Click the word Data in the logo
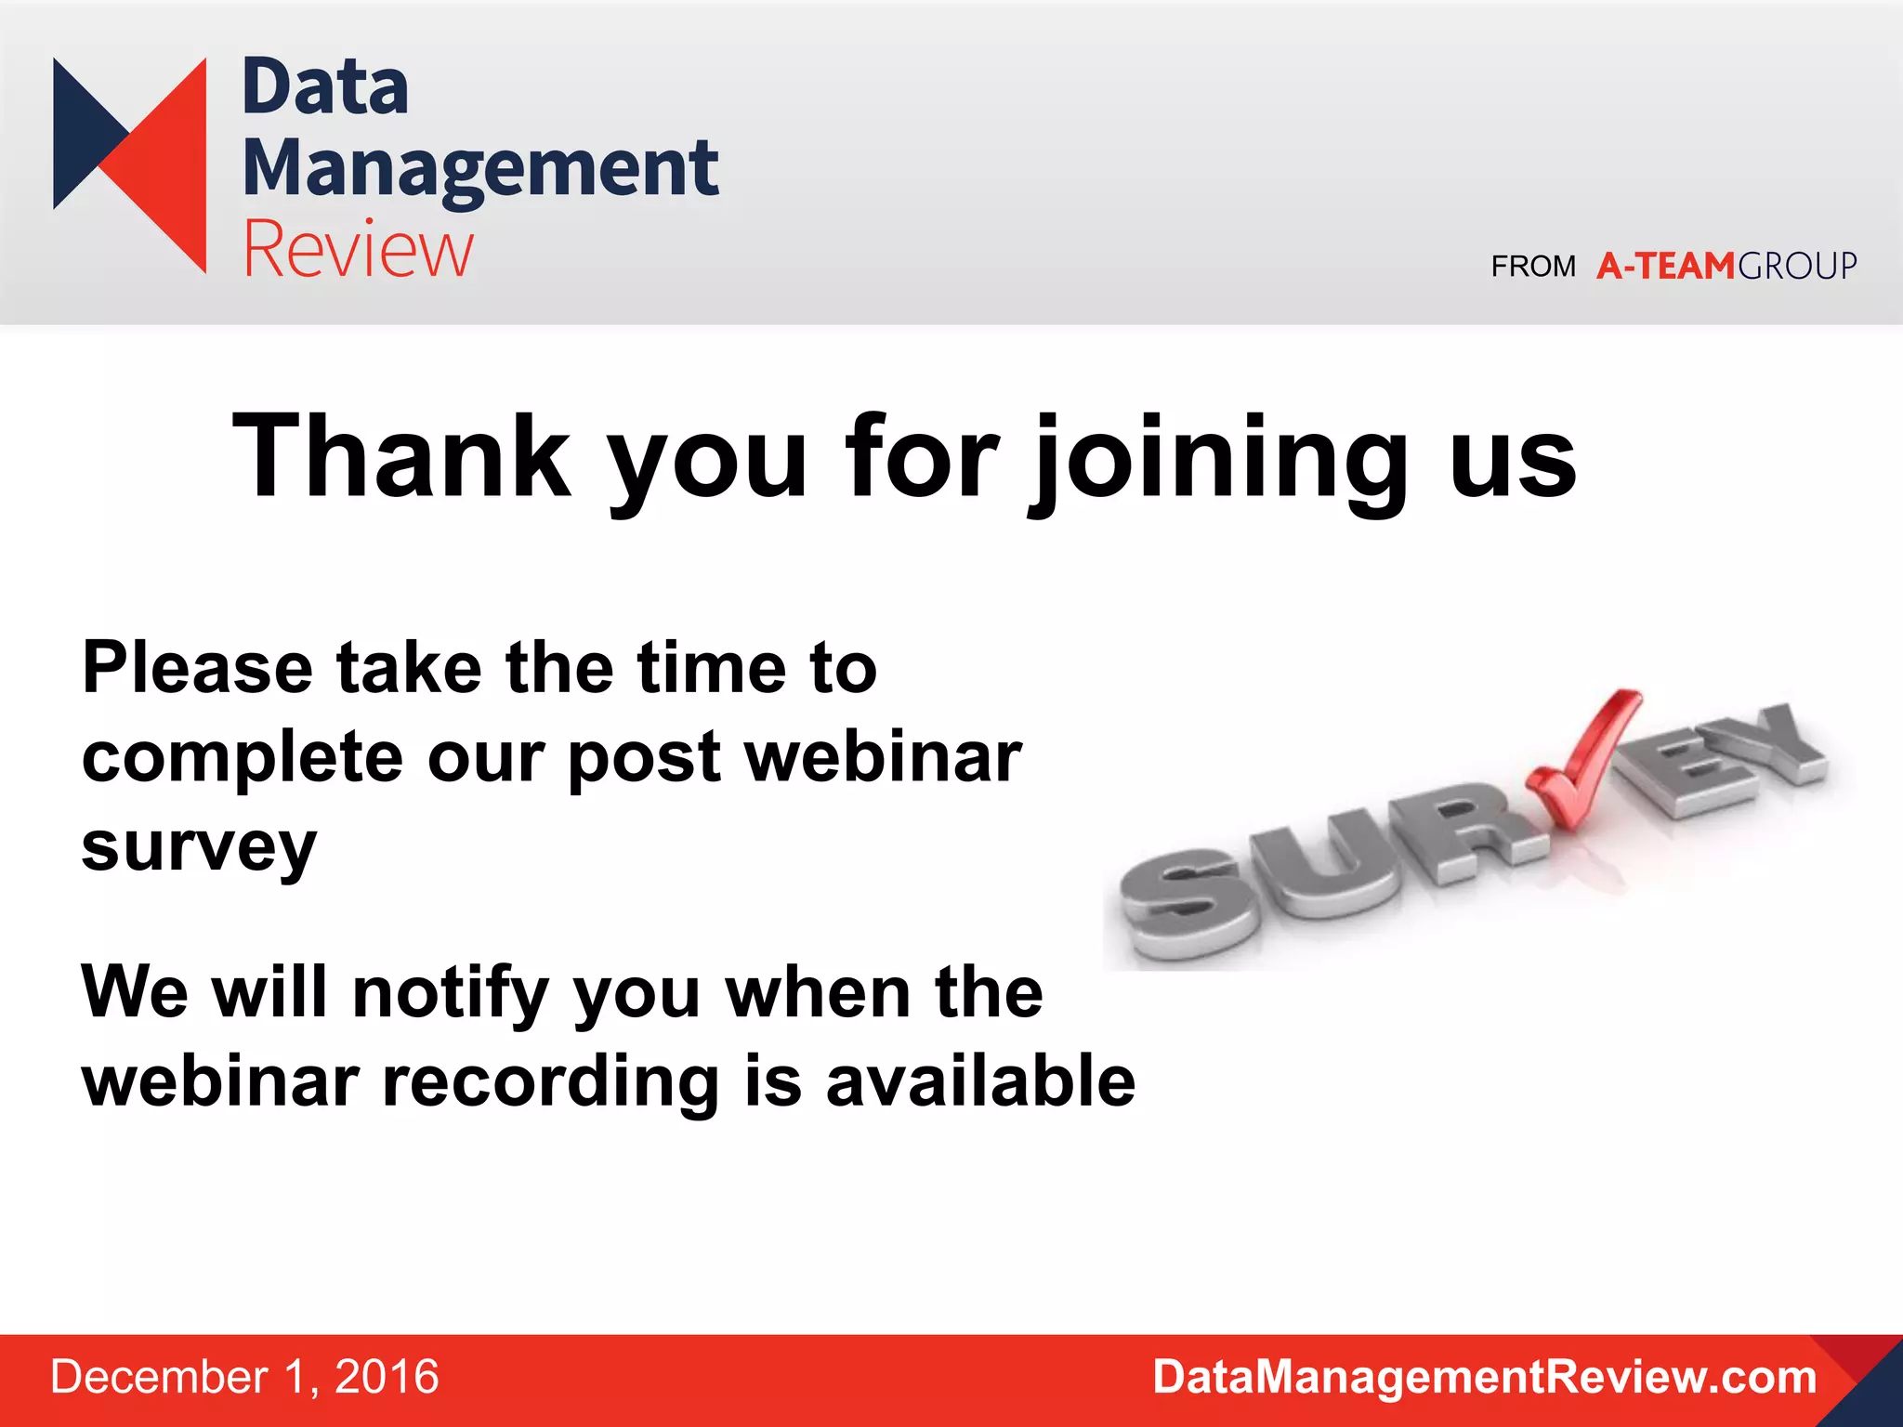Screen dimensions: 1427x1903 pyautogui.click(x=324, y=87)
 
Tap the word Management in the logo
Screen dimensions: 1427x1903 pyautogui.click(x=479, y=169)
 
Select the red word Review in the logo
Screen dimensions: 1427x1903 pyautogui.click(x=358, y=249)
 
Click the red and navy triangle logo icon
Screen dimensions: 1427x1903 pyautogui.click(x=130, y=164)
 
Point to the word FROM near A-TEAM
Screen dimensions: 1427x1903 pyautogui.click(x=1533, y=267)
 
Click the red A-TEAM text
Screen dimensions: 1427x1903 pyautogui.click(x=1665, y=267)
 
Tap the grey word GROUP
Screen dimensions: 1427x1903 pyautogui.click(x=1797, y=267)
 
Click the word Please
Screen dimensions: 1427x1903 pyautogui.click(x=197, y=668)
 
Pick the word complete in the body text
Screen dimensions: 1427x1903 pyautogui.click(x=242, y=758)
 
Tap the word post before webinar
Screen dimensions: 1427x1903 pyautogui.click(x=643, y=758)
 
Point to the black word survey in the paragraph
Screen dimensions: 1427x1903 pyautogui.click(x=199, y=847)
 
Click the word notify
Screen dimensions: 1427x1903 pyautogui.click(x=451, y=992)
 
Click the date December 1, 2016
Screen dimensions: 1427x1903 pyautogui.click(x=244, y=1377)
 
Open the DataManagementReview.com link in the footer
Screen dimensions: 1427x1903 pyautogui.click(x=1484, y=1377)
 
